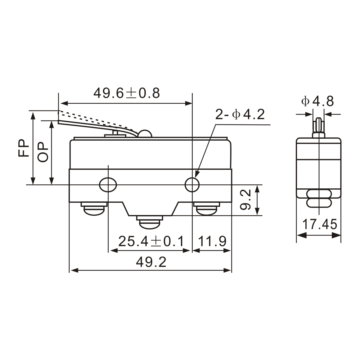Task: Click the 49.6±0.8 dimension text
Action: click(127, 93)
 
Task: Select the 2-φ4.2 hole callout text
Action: click(240, 115)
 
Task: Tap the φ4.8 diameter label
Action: click(317, 101)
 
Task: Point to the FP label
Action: click(24, 147)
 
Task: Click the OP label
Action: click(43, 152)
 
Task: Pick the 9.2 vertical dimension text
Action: click(246, 200)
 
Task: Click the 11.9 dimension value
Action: click(212, 241)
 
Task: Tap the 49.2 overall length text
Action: click(151, 262)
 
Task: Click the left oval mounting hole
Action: click(108, 185)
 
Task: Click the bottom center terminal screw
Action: click(150, 223)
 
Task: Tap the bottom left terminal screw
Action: click(94, 209)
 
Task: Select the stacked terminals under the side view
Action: click(319, 199)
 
